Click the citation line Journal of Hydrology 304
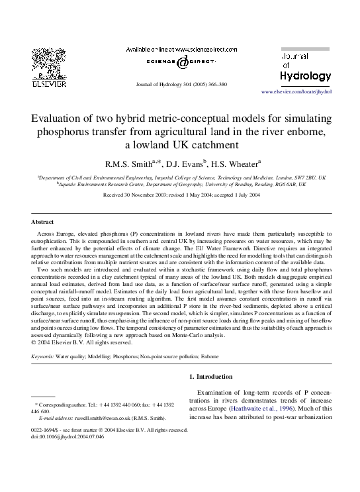click(x=180, y=85)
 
